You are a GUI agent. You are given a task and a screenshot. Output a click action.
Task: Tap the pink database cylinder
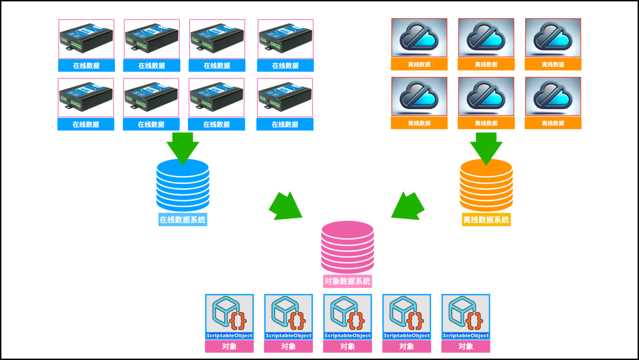click(x=348, y=247)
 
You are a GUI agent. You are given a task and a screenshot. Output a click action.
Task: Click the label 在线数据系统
click(x=182, y=220)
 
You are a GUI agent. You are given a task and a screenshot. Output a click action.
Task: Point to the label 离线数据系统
click(x=486, y=220)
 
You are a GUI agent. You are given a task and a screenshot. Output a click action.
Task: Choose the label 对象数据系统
click(x=348, y=281)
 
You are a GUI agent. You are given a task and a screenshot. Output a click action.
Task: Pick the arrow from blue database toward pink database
click(x=285, y=206)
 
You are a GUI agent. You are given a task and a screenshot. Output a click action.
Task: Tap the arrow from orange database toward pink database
click(x=408, y=206)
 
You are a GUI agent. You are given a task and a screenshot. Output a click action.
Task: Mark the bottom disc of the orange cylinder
click(x=486, y=204)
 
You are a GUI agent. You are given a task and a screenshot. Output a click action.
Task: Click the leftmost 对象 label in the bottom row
click(x=229, y=346)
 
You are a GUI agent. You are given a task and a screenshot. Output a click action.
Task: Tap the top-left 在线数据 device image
click(x=86, y=39)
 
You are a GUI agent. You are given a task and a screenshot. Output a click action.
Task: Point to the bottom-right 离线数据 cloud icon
click(x=553, y=96)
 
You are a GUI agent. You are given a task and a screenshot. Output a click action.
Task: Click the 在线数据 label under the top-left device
click(x=86, y=66)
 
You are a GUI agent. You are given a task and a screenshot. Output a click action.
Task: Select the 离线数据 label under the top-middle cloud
click(x=486, y=65)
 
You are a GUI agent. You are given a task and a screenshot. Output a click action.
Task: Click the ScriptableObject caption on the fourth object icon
click(x=407, y=335)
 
